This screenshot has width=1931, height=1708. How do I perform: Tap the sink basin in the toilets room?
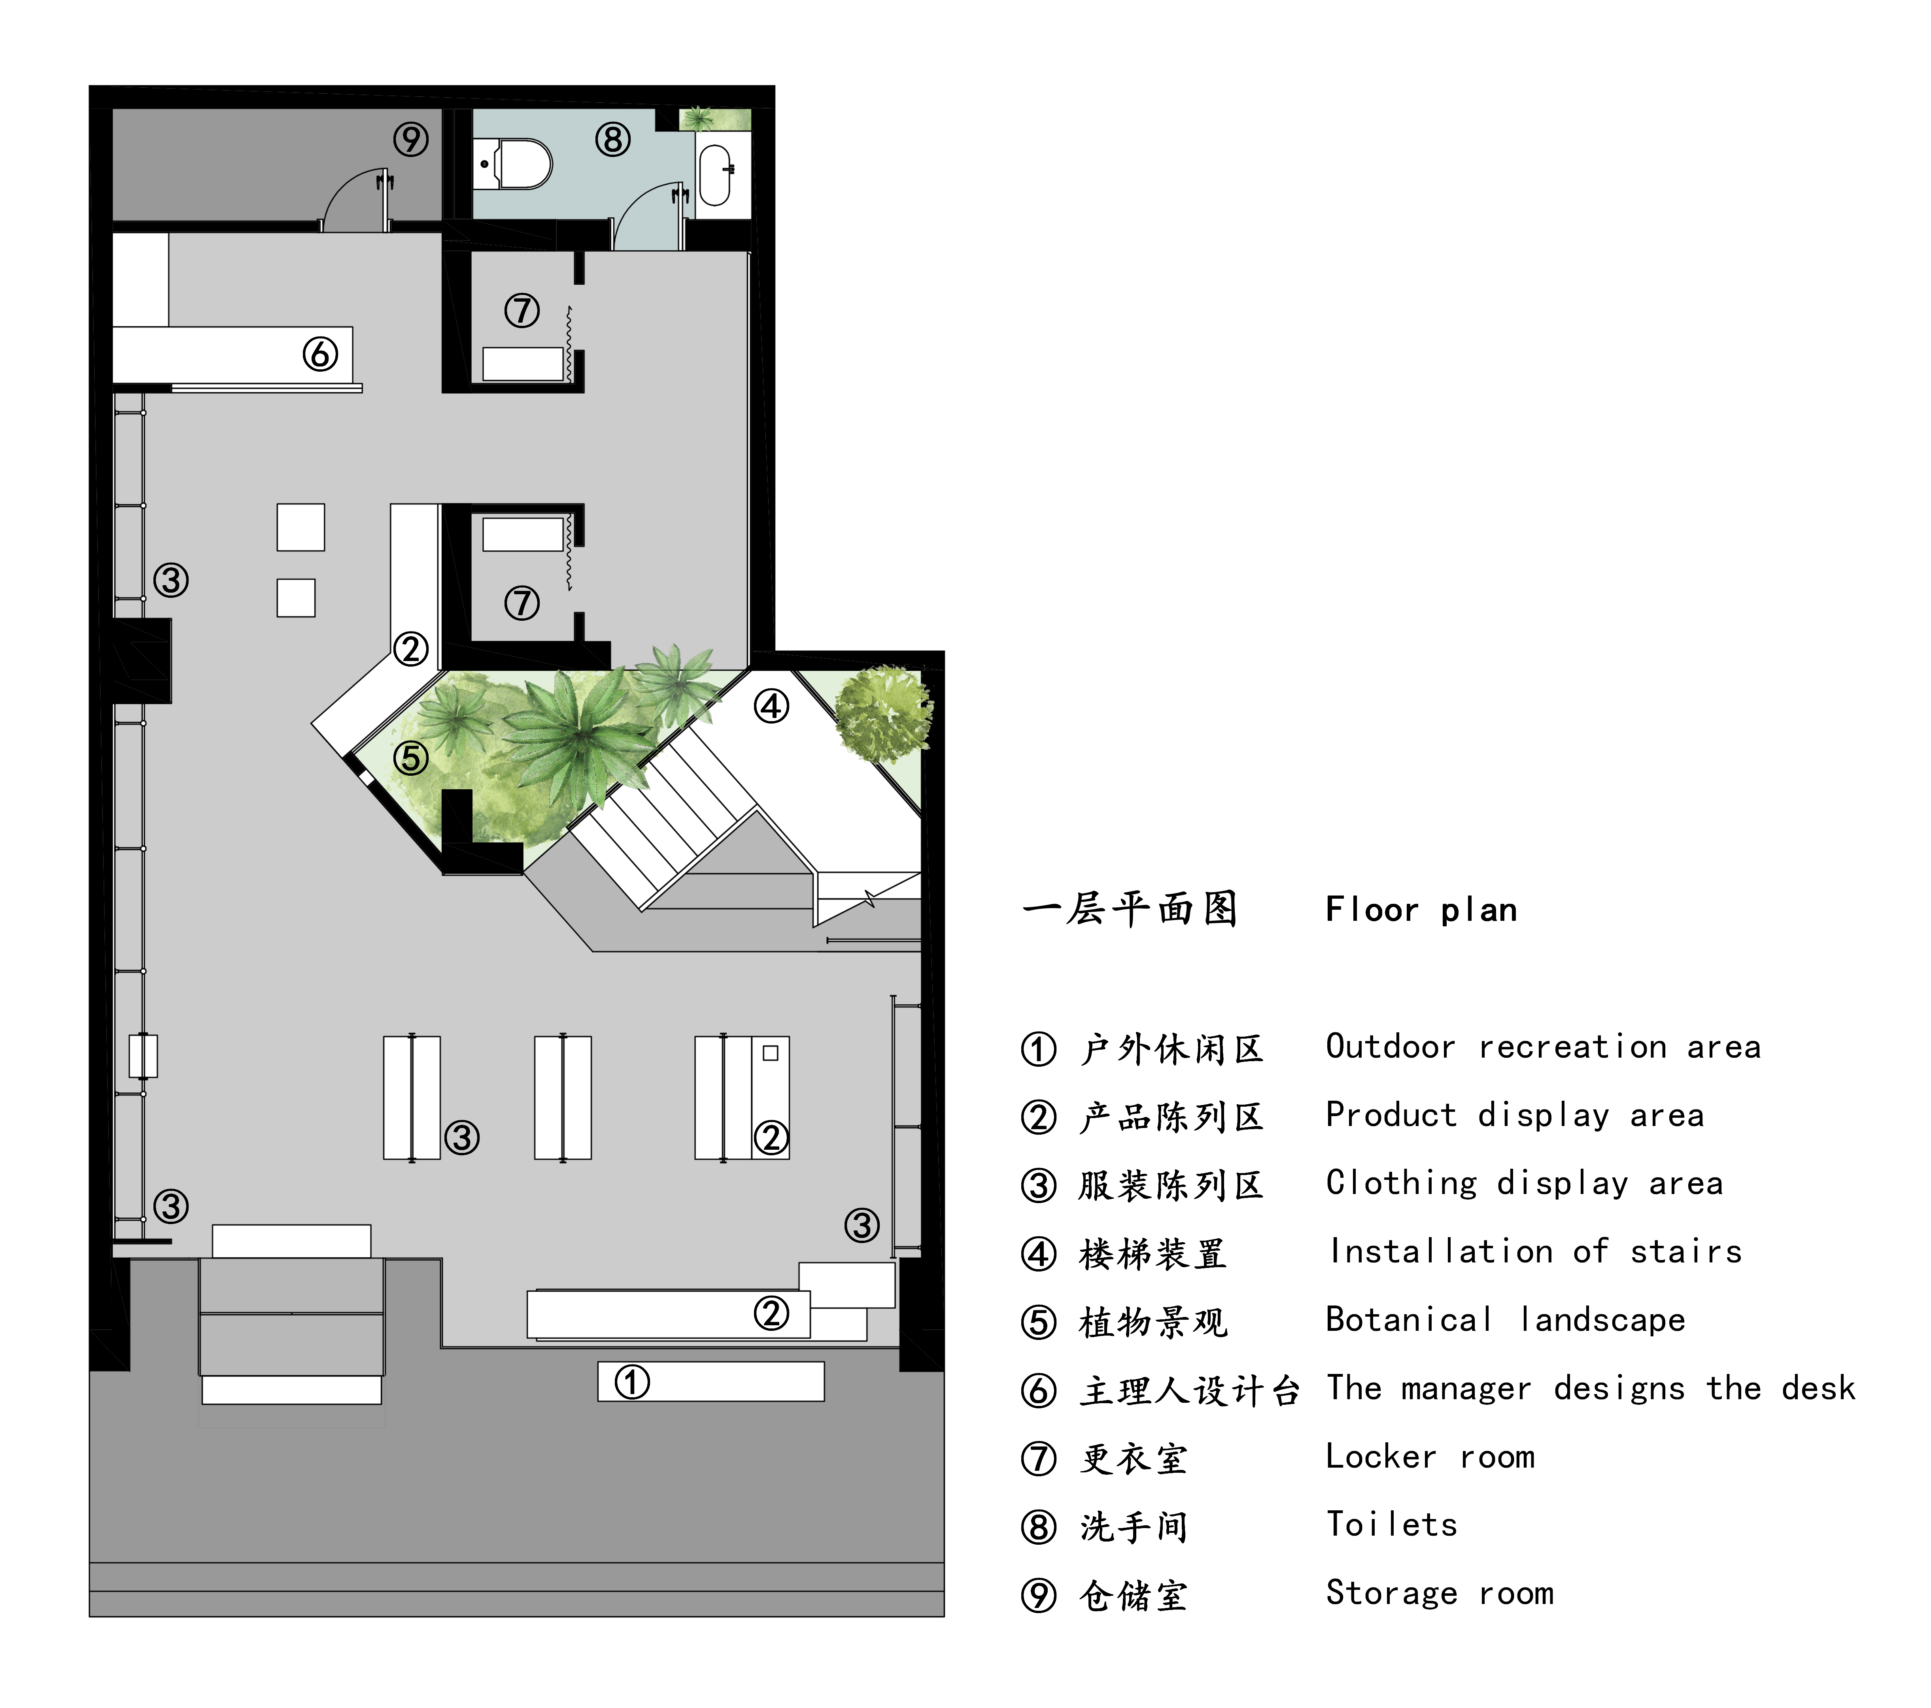(715, 175)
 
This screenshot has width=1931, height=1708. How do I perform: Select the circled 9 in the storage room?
(411, 140)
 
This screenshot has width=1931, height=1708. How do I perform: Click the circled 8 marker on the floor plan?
(612, 140)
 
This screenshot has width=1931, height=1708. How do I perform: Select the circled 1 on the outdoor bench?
(632, 1382)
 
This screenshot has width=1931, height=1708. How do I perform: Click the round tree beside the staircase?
(884, 713)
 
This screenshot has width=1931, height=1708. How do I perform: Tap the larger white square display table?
(300, 527)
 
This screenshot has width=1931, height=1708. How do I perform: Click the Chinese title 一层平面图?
(1130, 910)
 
